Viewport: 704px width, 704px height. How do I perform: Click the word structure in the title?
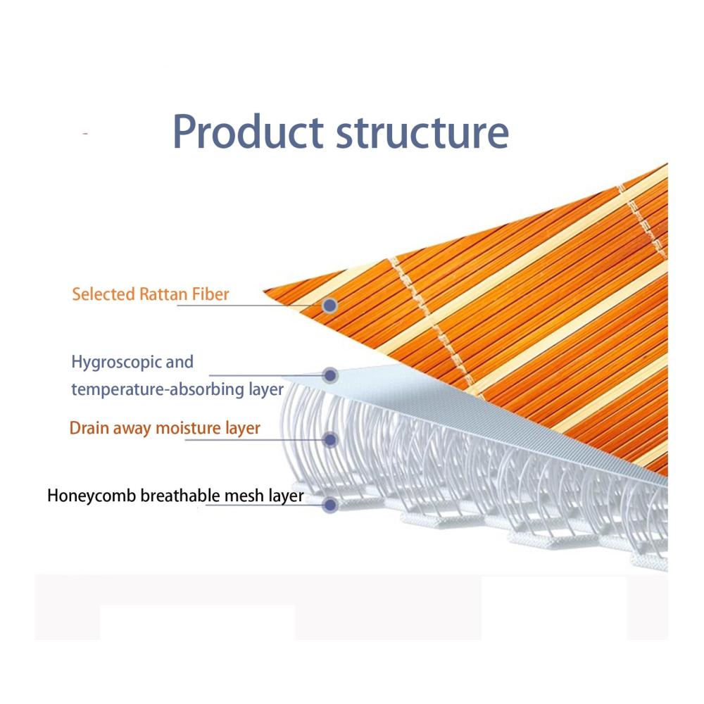[423, 132]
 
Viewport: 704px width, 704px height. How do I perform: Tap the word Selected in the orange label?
[103, 294]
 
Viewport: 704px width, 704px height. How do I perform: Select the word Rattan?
[163, 294]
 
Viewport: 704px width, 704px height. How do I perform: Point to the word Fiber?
[210, 294]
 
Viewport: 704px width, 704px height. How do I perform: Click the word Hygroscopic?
[116, 363]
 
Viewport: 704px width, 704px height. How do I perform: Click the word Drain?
[89, 428]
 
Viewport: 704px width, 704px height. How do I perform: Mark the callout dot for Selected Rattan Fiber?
[330, 306]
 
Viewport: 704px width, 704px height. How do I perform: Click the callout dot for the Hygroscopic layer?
[330, 375]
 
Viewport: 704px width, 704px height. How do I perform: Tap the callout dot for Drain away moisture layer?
[330, 439]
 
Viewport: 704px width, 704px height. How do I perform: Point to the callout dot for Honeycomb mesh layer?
[330, 505]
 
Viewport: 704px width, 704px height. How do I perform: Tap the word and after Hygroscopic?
[180, 362]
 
